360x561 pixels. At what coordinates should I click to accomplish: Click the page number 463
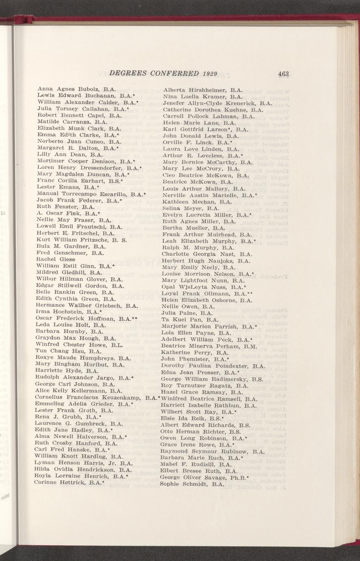pos(283,74)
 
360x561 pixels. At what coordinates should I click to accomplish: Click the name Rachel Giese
pos(56,259)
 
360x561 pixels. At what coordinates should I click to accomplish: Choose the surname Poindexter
pos(227,366)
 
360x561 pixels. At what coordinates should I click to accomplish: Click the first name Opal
pos(168,287)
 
